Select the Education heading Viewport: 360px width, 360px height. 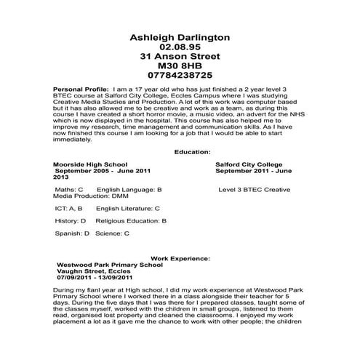pos(193,151)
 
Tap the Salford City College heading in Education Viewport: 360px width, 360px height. pos(249,165)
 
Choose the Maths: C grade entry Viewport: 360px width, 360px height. pos(70,188)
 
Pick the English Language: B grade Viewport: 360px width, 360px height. pos(129,188)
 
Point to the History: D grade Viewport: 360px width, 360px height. pos(71,220)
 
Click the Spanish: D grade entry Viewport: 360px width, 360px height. pos(72,233)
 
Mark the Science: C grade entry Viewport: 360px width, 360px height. pos(112,233)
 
